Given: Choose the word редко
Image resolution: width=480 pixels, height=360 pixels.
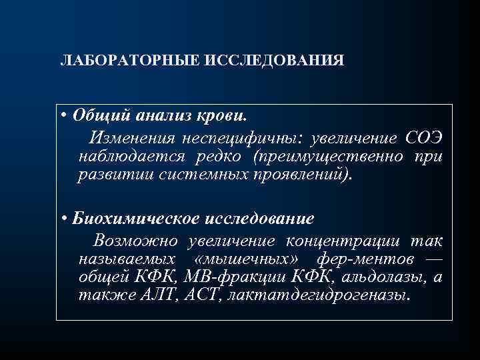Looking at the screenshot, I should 221,156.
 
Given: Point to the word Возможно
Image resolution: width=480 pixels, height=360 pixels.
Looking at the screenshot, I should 136,239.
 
